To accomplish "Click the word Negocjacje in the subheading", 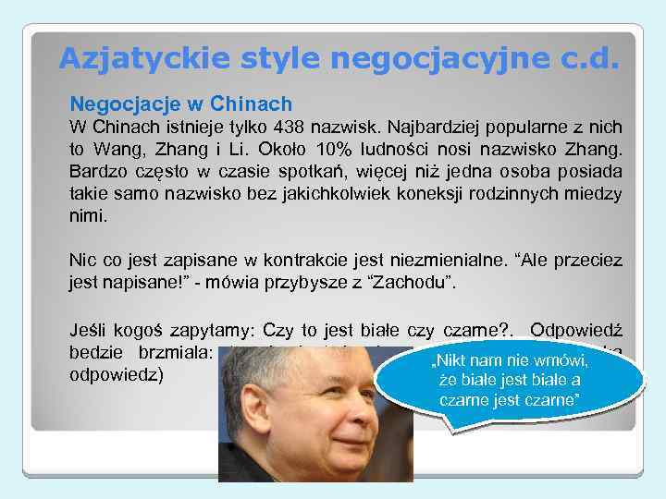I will tap(117, 103).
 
